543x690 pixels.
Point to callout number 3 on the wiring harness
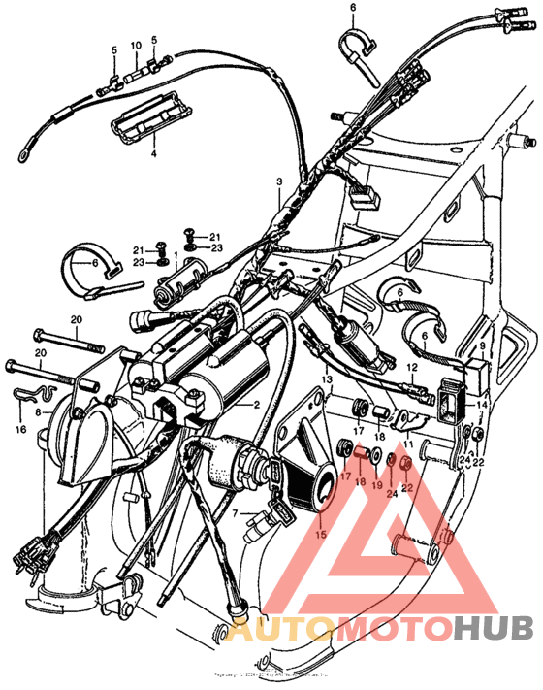point(278,182)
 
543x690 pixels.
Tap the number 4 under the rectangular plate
point(151,153)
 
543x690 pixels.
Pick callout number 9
point(482,345)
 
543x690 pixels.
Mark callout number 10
point(136,45)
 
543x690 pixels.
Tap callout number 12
point(412,369)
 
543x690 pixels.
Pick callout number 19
point(377,485)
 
